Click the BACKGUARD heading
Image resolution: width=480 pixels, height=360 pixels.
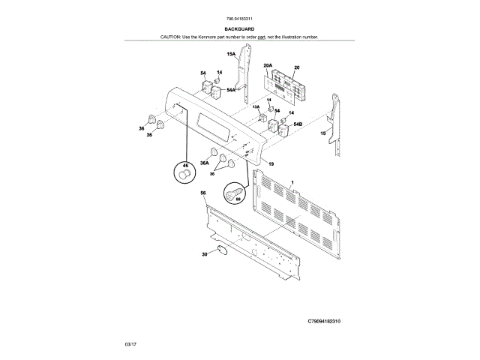pyautogui.click(x=239, y=28)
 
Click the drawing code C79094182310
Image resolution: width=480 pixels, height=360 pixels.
pyautogui.click(x=329, y=320)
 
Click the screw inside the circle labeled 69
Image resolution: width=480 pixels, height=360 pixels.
pyautogui.click(x=234, y=196)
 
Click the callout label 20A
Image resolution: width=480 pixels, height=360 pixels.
pyautogui.click(x=268, y=66)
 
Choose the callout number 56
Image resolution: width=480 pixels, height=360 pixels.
pyautogui.click(x=202, y=193)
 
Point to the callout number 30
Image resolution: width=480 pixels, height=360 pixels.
pyautogui.click(x=204, y=254)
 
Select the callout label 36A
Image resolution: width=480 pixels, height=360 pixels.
pyautogui.click(x=204, y=162)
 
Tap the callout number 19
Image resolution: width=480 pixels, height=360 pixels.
pyautogui.click(x=271, y=163)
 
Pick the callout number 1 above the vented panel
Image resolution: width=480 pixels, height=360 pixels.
pyautogui.click(x=292, y=182)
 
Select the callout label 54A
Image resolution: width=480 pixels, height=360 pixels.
pyautogui.click(x=231, y=90)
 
